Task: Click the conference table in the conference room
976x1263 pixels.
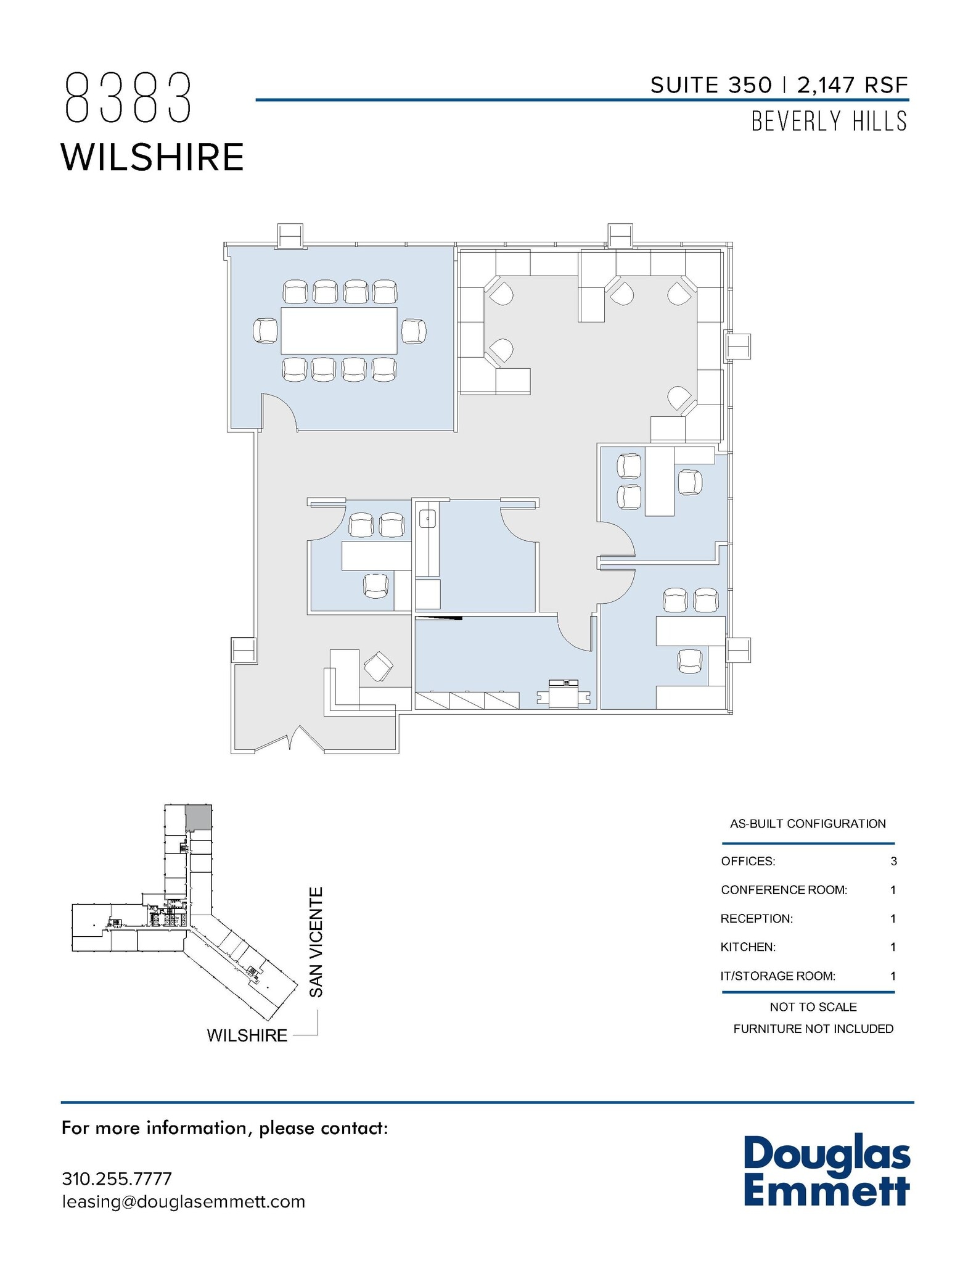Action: pos(338,331)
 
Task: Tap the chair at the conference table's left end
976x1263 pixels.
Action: pos(266,331)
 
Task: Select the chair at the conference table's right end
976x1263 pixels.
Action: pos(413,331)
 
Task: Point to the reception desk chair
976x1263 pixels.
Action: pos(378,667)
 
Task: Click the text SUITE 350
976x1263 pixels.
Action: pos(711,85)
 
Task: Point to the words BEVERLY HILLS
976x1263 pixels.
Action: pos(829,121)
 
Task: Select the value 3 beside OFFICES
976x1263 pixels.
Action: pos(893,861)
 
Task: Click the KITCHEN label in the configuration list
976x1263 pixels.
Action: pos(748,947)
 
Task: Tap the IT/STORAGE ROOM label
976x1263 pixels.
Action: pos(778,976)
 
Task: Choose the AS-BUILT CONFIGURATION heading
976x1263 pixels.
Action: pos(808,823)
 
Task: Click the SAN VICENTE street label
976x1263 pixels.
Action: pos(316,942)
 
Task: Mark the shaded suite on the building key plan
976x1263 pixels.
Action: pos(199,817)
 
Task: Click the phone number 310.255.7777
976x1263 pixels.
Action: pos(117,1179)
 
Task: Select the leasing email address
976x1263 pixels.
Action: pos(184,1201)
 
